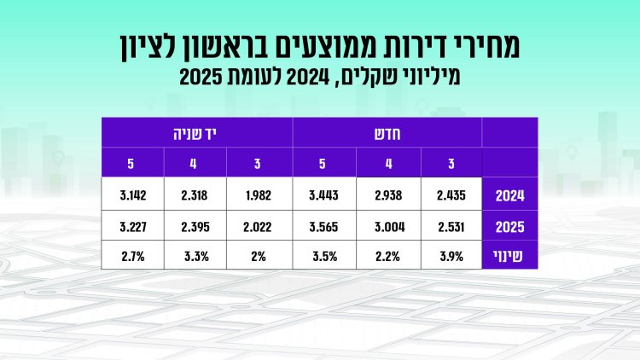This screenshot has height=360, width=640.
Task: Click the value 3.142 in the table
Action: coord(133,195)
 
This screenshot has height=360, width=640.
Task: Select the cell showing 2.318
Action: coord(196,195)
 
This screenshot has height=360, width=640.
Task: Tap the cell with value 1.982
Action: coord(259,195)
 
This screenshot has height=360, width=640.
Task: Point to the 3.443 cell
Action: coord(325,195)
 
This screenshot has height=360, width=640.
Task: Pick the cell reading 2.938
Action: coord(388,195)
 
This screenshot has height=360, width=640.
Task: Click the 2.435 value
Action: coord(451,195)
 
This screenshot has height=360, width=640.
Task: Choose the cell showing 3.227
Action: coord(133,227)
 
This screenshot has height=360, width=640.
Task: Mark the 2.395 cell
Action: coord(196,227)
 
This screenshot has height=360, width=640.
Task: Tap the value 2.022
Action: coord(259,227)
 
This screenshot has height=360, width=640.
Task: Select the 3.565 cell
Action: coord(325,227)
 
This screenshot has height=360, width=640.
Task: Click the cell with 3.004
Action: coord(388,227)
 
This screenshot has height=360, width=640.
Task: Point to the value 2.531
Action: coord(451,227)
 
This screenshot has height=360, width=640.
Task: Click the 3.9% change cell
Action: coord(451,255)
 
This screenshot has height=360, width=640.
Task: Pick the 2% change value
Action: coord(259,255)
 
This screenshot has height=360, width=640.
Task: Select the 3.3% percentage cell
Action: coord(196,255)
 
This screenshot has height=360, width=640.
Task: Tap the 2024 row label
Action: coord(509,195)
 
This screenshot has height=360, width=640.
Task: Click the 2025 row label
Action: coord(509,227)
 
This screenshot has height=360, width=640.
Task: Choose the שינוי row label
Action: coord(509,255)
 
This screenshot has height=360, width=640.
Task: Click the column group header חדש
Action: coord(388,133)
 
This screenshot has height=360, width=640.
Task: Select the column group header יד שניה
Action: coord(196,133)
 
